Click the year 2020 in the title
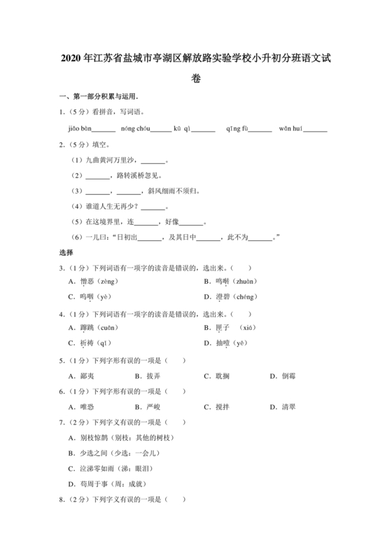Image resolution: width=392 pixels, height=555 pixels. pyautogui.click(x=72, y=57)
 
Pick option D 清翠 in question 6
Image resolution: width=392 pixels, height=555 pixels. pyautogui.click(x=283, y=406)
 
